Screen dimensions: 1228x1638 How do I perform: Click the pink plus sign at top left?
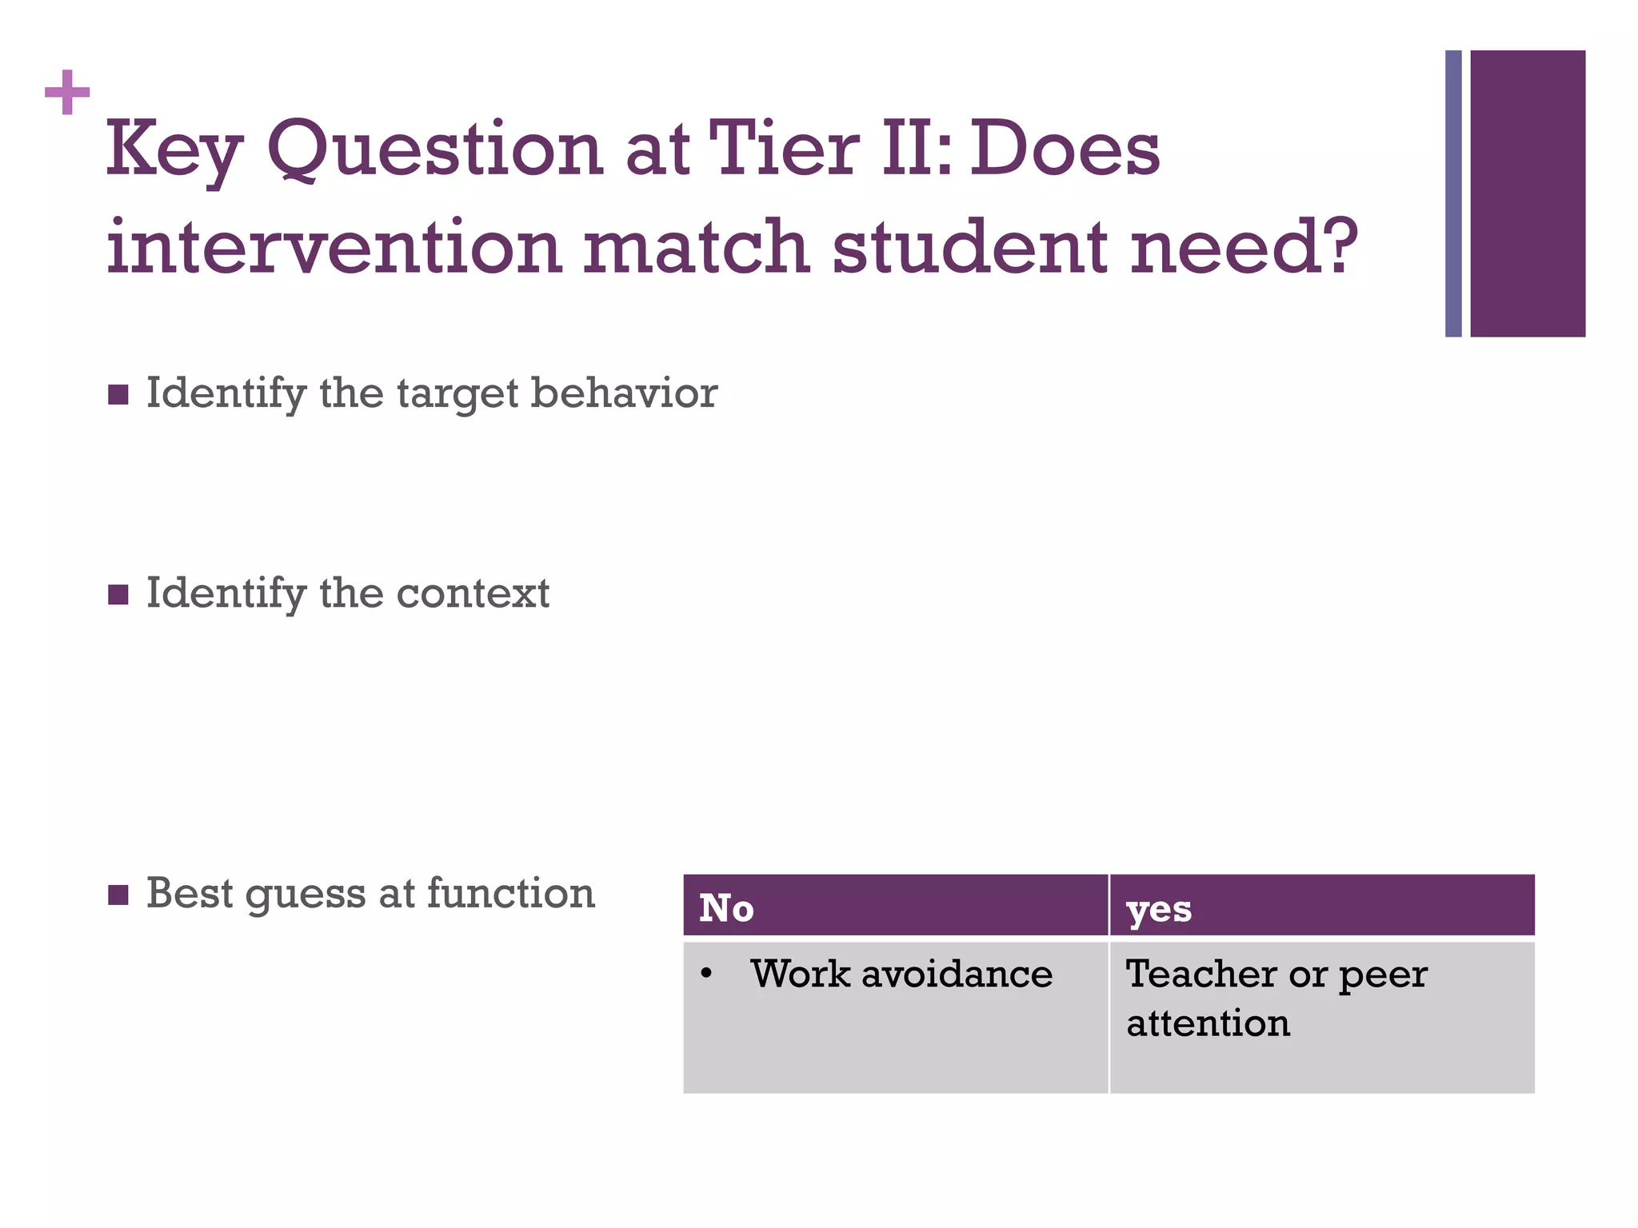pos(67,93)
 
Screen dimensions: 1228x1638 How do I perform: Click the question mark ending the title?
pos(1335,245)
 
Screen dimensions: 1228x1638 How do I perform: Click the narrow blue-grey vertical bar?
pos(1453,193)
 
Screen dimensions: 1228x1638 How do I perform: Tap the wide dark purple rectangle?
pos(1528,193)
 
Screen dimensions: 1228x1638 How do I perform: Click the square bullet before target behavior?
pos(118,395)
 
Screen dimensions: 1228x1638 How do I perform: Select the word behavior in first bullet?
pos(624,393)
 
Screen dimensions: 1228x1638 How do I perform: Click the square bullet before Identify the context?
pos(118,595)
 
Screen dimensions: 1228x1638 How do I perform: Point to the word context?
pos(473,594)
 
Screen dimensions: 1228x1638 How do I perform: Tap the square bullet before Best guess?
pos(118,895)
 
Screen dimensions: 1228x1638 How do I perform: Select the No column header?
pos(726,908)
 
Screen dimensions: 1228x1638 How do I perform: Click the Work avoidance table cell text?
pos(901,974)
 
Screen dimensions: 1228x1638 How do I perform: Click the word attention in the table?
pos(1208,1023)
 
